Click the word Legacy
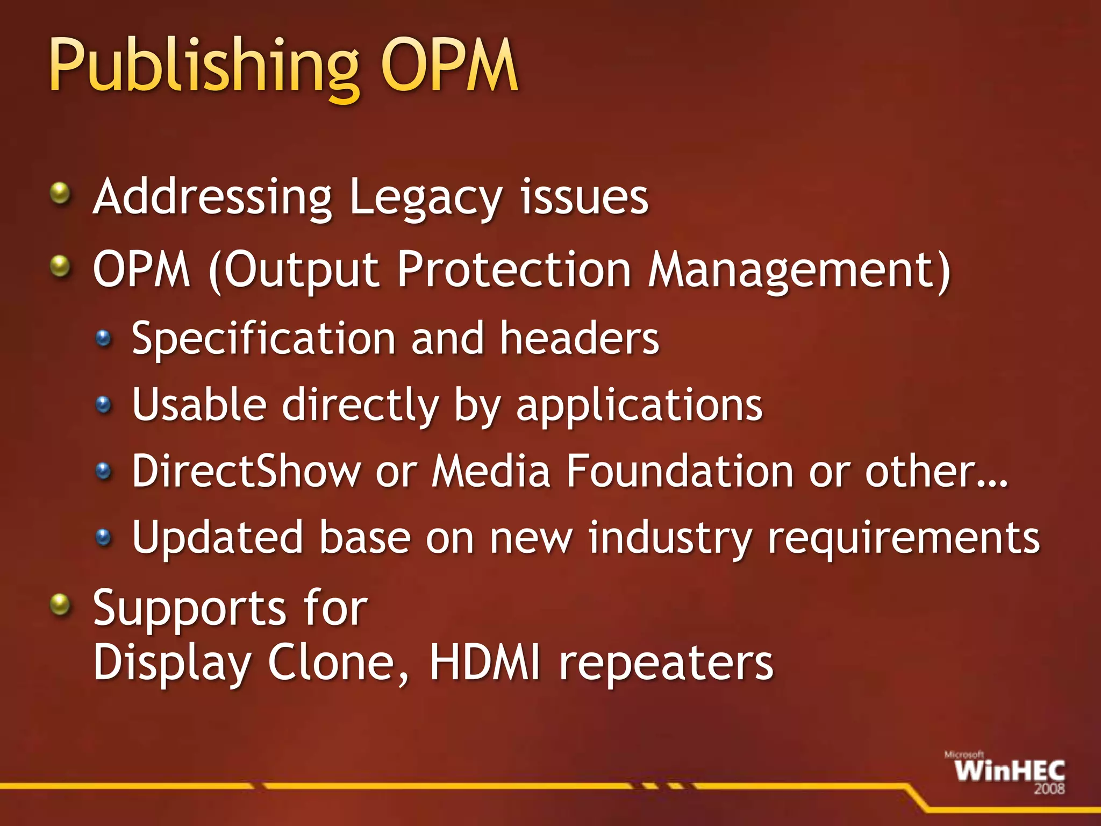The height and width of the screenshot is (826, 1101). [425, 198]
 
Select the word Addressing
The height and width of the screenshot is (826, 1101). [213, 198]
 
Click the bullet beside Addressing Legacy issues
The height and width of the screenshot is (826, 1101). [61, 193]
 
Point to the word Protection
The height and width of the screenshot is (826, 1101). [514, 269]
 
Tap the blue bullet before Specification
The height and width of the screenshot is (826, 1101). [103, 338]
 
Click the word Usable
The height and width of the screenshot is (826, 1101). [199, 404]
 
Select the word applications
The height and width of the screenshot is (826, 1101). [639, 406]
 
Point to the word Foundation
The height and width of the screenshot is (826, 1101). [680, 471]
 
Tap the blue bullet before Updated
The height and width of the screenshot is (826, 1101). [103, 536]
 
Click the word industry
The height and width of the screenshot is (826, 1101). [670, 538]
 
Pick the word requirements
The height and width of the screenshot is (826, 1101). [904, 538]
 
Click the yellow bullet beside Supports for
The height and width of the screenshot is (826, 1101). [61, 604]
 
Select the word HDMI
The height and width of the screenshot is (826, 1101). [484, 663]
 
